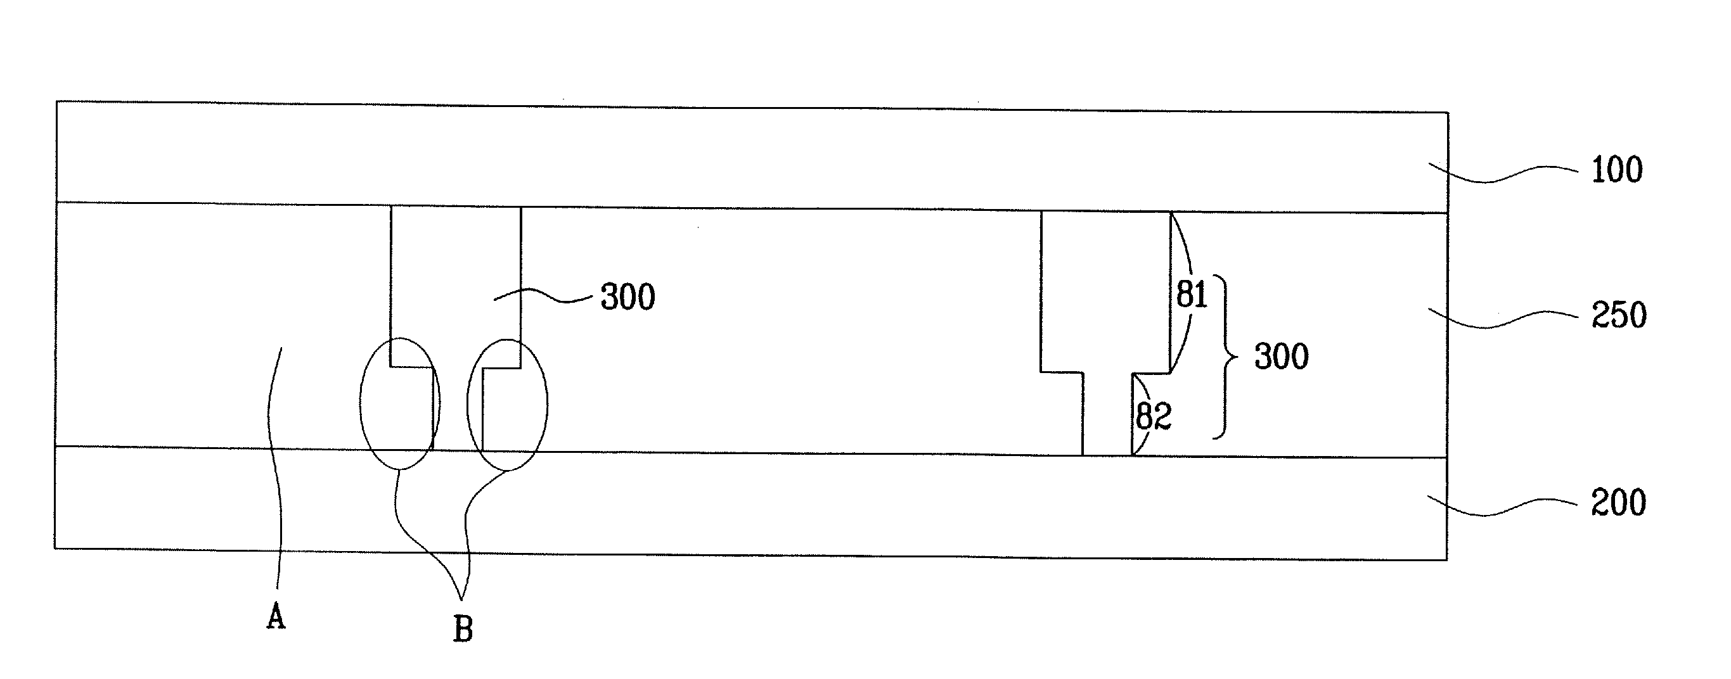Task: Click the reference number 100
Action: point(1617,170)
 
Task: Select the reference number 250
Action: point(1619,315)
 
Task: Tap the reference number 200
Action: point(1618,503)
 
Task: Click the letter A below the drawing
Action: point(276,615)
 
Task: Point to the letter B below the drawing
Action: point(463,630)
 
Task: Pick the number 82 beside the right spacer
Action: point(1153,416)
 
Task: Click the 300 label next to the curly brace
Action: point(1282,357)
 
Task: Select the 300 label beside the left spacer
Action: point(627,297)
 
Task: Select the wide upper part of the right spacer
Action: point(1105,291)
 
